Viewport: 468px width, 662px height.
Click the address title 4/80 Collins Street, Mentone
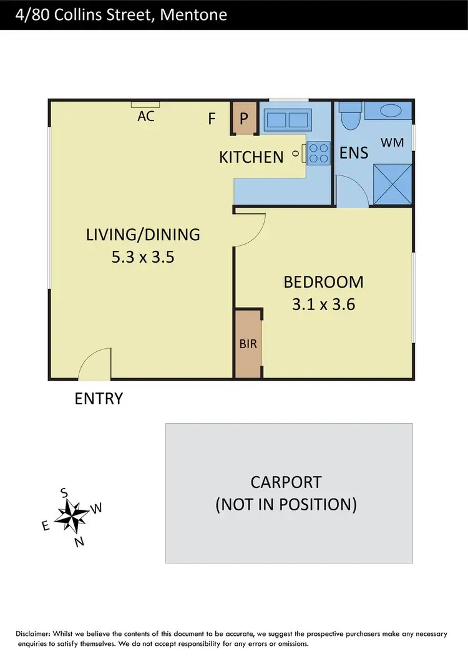[114, 14]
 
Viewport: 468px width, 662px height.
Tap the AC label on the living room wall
[146, 115]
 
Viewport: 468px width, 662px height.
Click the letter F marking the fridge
[212, 119]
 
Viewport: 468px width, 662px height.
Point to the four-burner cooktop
[318, 153]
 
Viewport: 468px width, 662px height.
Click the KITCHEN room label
[251, 157]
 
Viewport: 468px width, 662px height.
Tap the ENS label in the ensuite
[354, 152]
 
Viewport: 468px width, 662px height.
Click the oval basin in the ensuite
[391, 111]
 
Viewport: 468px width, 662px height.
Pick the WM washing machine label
[392, 143]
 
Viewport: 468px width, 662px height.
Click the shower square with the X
[391, 185]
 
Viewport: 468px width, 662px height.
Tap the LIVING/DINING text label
[143, 235]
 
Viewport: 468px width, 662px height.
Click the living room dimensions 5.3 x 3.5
[143, 256]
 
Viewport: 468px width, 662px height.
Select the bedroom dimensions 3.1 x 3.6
[323, 305]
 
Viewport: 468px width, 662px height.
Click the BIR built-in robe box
[248, 343]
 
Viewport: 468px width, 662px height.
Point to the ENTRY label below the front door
[99, 399]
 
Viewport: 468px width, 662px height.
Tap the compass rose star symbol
[72, 514]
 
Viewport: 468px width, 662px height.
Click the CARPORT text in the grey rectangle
[286, 482]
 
